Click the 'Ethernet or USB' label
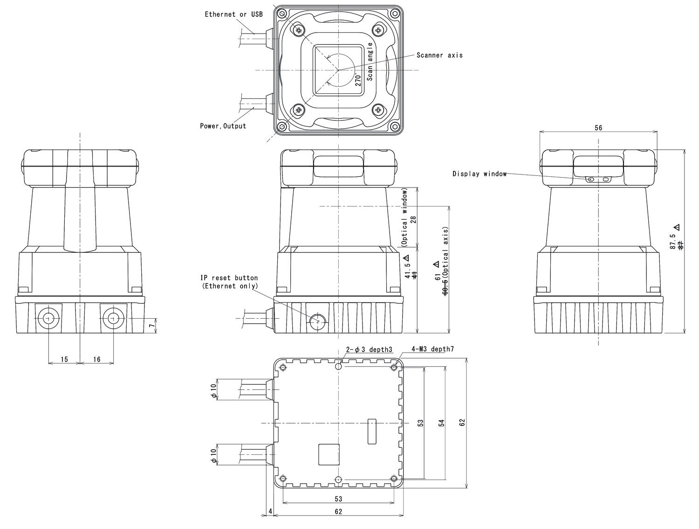coord(233,14)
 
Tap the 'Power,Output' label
coord(223,126)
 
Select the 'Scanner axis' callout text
coord(439,55)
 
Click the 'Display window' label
coord(479,174)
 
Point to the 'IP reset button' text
coord(229,278)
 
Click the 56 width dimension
coord(598,128)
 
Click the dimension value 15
coord(64,359)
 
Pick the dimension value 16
coord(97,359)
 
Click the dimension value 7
coord(151,326)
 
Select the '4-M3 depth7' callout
coord(432,349)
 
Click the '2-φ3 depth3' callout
coord(369,349)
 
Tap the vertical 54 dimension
coord(441,423)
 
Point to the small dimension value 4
coord(270,512)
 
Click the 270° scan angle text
coord(358,80)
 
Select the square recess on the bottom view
coord(329,454)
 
